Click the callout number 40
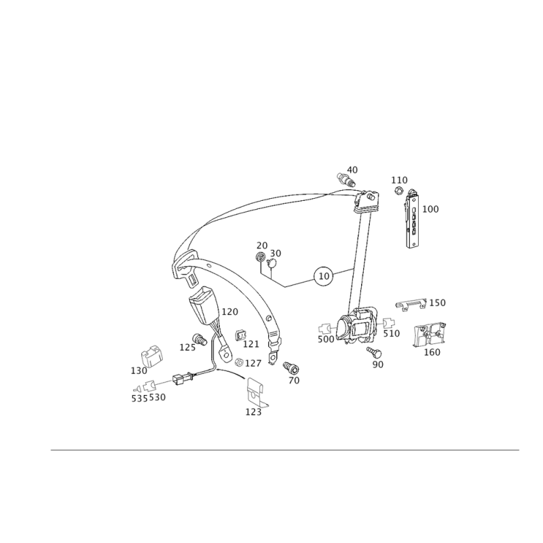352,169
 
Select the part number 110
399,180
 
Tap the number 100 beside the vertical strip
431,209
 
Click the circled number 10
323,276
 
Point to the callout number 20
262,245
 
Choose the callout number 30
275,253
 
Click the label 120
229,312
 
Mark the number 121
251,343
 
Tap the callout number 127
252,364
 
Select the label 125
253,412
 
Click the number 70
294,381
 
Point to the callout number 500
326,339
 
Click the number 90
378,364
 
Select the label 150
438,302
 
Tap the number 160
432,352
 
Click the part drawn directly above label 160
429,334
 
